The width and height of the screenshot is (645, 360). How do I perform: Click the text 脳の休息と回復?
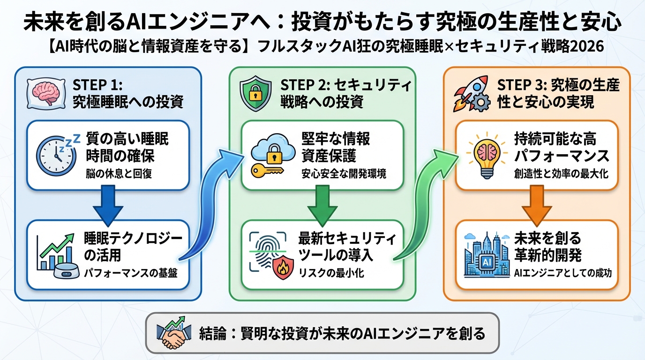119,174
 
